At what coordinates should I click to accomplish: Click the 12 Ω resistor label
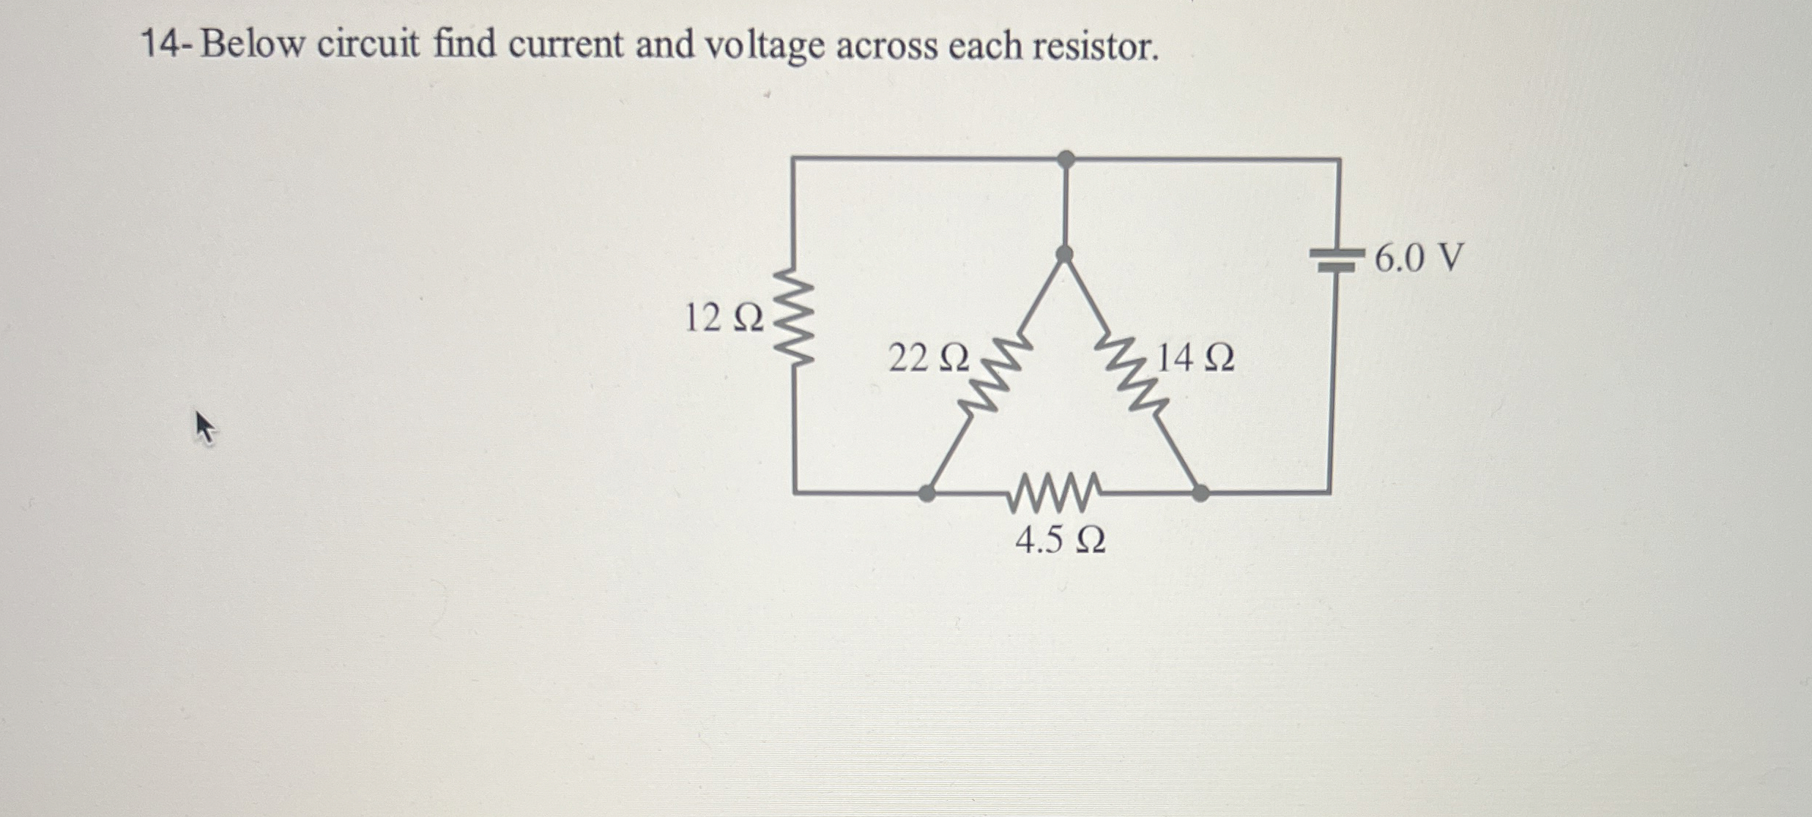(x=723, y=318)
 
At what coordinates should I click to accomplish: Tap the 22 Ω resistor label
(x=928, y=359)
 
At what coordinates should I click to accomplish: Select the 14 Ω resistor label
(x=1195, y=359)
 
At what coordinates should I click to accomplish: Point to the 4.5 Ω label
(x=1060, y=540)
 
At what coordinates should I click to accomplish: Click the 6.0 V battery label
(x=1419, y=258)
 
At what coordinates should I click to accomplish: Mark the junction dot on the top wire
(x=1066, y=158)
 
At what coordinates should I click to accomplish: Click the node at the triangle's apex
(x=1065, y=254)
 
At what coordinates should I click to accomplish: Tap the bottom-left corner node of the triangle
(x=927, y=493)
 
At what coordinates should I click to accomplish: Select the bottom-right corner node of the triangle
(x=1200, y=493)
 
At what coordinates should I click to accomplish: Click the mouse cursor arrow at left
(x=204, y=427)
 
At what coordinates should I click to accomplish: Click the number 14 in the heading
(x=159, y=45)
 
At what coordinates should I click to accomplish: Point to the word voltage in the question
(x=764, y=46)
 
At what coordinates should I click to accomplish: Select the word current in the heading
(x=565, y=45)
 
